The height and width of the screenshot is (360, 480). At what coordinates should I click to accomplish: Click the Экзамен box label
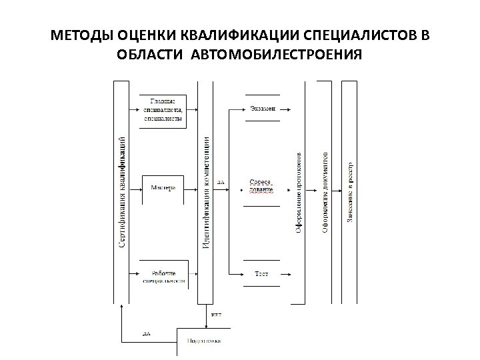tap(263, 108)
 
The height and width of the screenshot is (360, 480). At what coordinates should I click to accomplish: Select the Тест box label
tap(262, 273)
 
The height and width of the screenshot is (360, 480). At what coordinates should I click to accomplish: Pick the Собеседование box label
tap(261, 186)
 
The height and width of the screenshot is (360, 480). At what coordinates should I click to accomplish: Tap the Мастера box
tap(163, 187)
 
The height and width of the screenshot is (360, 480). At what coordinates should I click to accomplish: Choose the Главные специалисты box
tap(163, 109)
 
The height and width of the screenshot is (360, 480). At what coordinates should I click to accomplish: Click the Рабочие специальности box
tap(163, 277)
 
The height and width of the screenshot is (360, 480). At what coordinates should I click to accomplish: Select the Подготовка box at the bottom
tap(204, 341)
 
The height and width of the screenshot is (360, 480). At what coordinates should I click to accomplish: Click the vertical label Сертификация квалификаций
tap(122, 191)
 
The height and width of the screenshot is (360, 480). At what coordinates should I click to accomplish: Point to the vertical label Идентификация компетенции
tap(207, 193)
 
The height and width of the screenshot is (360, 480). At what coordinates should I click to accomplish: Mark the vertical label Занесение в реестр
tap(350, 192)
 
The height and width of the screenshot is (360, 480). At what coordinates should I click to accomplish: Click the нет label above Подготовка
tap(217, 314)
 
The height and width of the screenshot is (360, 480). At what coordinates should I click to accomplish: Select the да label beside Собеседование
tap(221, 181)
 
